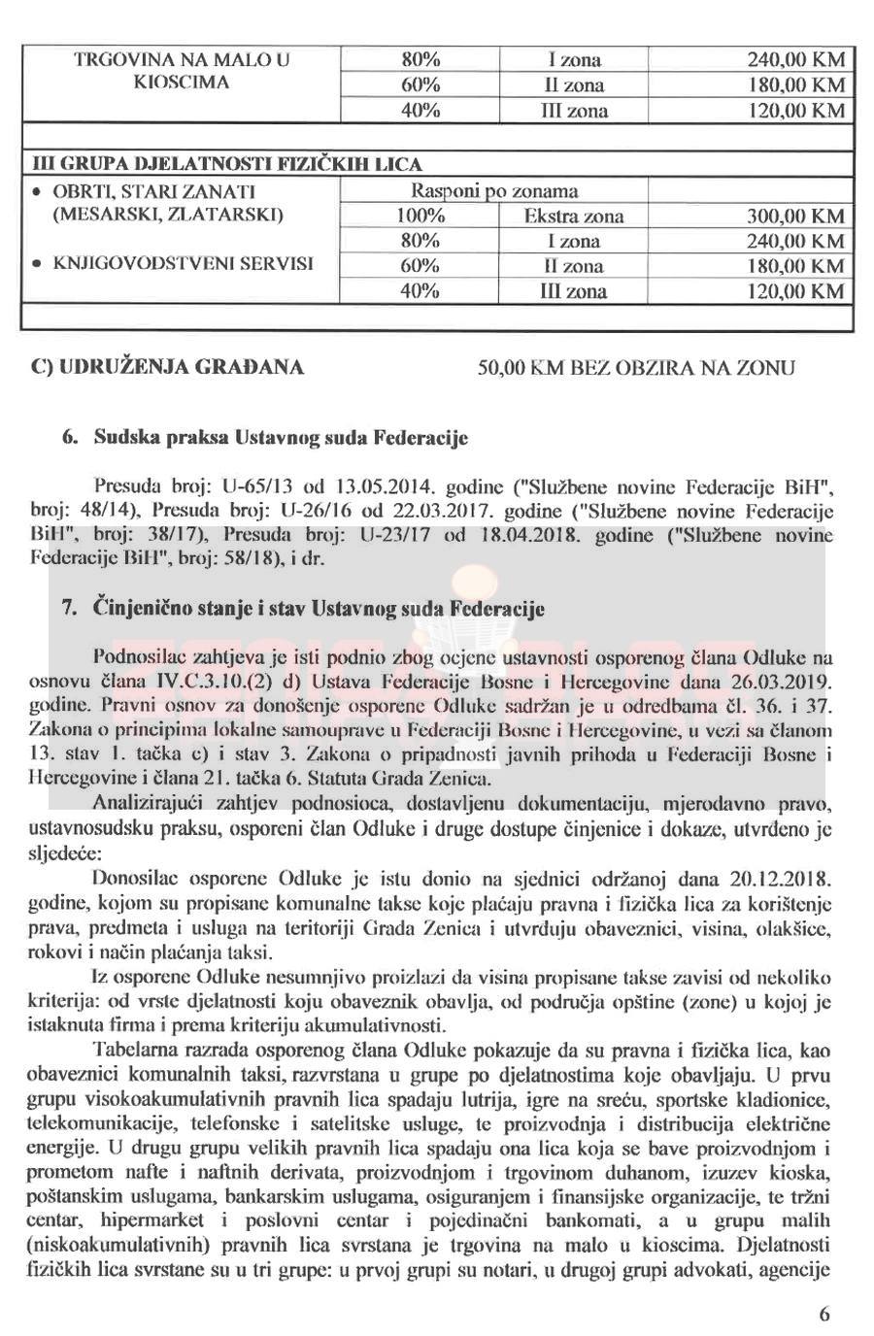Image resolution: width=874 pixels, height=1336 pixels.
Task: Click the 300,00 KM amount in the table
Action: click(794, 216)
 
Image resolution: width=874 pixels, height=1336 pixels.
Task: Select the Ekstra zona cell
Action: click(573, 216)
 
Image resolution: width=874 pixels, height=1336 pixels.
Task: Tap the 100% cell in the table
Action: click(420, 216)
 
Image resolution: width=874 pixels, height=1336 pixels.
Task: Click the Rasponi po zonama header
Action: click(495, 190)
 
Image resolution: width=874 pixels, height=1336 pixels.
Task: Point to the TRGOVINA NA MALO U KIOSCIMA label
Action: click(182, 71)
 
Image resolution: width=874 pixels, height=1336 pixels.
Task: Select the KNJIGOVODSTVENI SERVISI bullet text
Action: click(183, 263)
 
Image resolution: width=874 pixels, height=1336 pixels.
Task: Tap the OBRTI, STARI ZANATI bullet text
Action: click(153, 190)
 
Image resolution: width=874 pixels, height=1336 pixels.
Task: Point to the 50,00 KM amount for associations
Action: click(515, 368)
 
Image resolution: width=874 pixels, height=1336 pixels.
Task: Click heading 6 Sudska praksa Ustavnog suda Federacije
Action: click(265, 438)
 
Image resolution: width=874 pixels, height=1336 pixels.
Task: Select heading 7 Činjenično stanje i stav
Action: click(303, 609)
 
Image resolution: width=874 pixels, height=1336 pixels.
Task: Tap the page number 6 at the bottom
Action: click(824, 1315)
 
